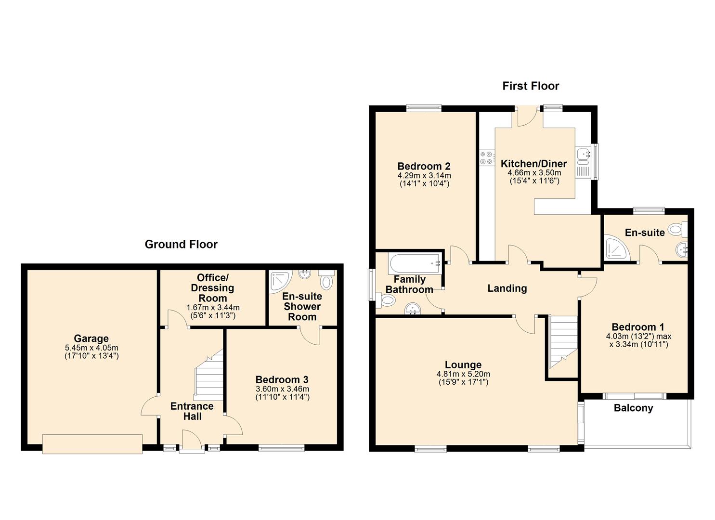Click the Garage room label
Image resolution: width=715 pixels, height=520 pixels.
click(x=91, y=338)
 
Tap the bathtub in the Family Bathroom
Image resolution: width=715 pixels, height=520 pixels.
click(x=415, y=263)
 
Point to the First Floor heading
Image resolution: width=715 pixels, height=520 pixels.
click(x=531, y=86)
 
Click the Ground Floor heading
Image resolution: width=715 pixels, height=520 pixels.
click(x=181, y=244)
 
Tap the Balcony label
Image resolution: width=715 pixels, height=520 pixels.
click(x=633, y=408)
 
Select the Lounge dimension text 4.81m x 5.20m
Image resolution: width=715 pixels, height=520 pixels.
click(x=464, y=374)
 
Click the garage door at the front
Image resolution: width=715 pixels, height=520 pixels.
click(x=92, y=444)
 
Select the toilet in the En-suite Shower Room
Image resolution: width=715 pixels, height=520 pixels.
click(x=326, y=280)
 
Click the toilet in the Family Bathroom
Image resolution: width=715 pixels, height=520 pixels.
click(x=386, y=300)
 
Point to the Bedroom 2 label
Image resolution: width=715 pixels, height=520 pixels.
click(x=424, y=166)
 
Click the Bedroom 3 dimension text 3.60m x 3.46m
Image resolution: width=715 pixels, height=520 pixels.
click(x=283, y=389)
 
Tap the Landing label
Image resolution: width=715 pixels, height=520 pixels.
click(x=507, y=288)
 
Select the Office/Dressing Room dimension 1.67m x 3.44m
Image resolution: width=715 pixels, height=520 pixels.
click(x=213, y=307)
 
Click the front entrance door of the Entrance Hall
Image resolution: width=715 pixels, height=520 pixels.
click(x=192, y=442)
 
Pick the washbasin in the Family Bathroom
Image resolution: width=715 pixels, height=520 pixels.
click(x=413, y=308)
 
